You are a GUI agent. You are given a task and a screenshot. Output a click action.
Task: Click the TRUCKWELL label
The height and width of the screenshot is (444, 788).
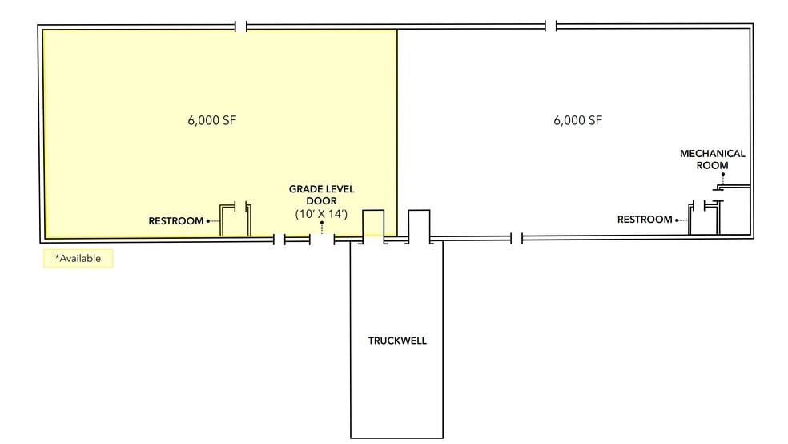(397, 341)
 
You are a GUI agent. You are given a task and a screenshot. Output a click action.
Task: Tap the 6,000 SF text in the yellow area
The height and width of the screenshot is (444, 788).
(212, 121)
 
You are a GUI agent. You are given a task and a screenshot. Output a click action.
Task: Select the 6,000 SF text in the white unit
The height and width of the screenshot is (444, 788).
(577, 121)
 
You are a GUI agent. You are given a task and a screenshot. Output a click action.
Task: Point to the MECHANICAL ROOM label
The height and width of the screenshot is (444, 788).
(712, 159)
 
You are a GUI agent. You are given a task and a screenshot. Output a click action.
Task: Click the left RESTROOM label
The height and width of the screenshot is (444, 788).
(176, 221)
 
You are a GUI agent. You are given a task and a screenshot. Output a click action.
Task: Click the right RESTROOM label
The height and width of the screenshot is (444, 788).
(645, 220)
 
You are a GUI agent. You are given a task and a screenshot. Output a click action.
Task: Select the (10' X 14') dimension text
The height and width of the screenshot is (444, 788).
(321, 215)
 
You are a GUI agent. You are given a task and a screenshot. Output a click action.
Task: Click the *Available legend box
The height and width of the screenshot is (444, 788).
(78, 259)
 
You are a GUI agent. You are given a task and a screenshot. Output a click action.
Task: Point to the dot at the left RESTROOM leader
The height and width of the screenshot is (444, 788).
(208, 221)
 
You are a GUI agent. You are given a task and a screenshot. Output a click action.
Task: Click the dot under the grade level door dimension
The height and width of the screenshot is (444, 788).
(322, 224)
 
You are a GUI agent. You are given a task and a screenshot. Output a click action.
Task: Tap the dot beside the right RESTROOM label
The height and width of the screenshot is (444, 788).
(677, 220)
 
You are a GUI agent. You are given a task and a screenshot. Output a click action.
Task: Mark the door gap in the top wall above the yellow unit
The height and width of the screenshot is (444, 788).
(241, 26)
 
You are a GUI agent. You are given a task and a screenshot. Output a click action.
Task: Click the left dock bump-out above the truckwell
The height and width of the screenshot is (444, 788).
(374, 224)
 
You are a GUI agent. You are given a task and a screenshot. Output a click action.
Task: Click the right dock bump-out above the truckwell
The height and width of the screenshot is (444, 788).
(420, 224)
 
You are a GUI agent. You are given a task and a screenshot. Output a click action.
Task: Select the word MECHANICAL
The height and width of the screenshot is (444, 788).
(712, 153)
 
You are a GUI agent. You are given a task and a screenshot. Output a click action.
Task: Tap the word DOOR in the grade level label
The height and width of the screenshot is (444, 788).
(321, 201)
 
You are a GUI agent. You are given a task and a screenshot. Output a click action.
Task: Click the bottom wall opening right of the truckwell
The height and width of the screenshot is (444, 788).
(517, 238)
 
